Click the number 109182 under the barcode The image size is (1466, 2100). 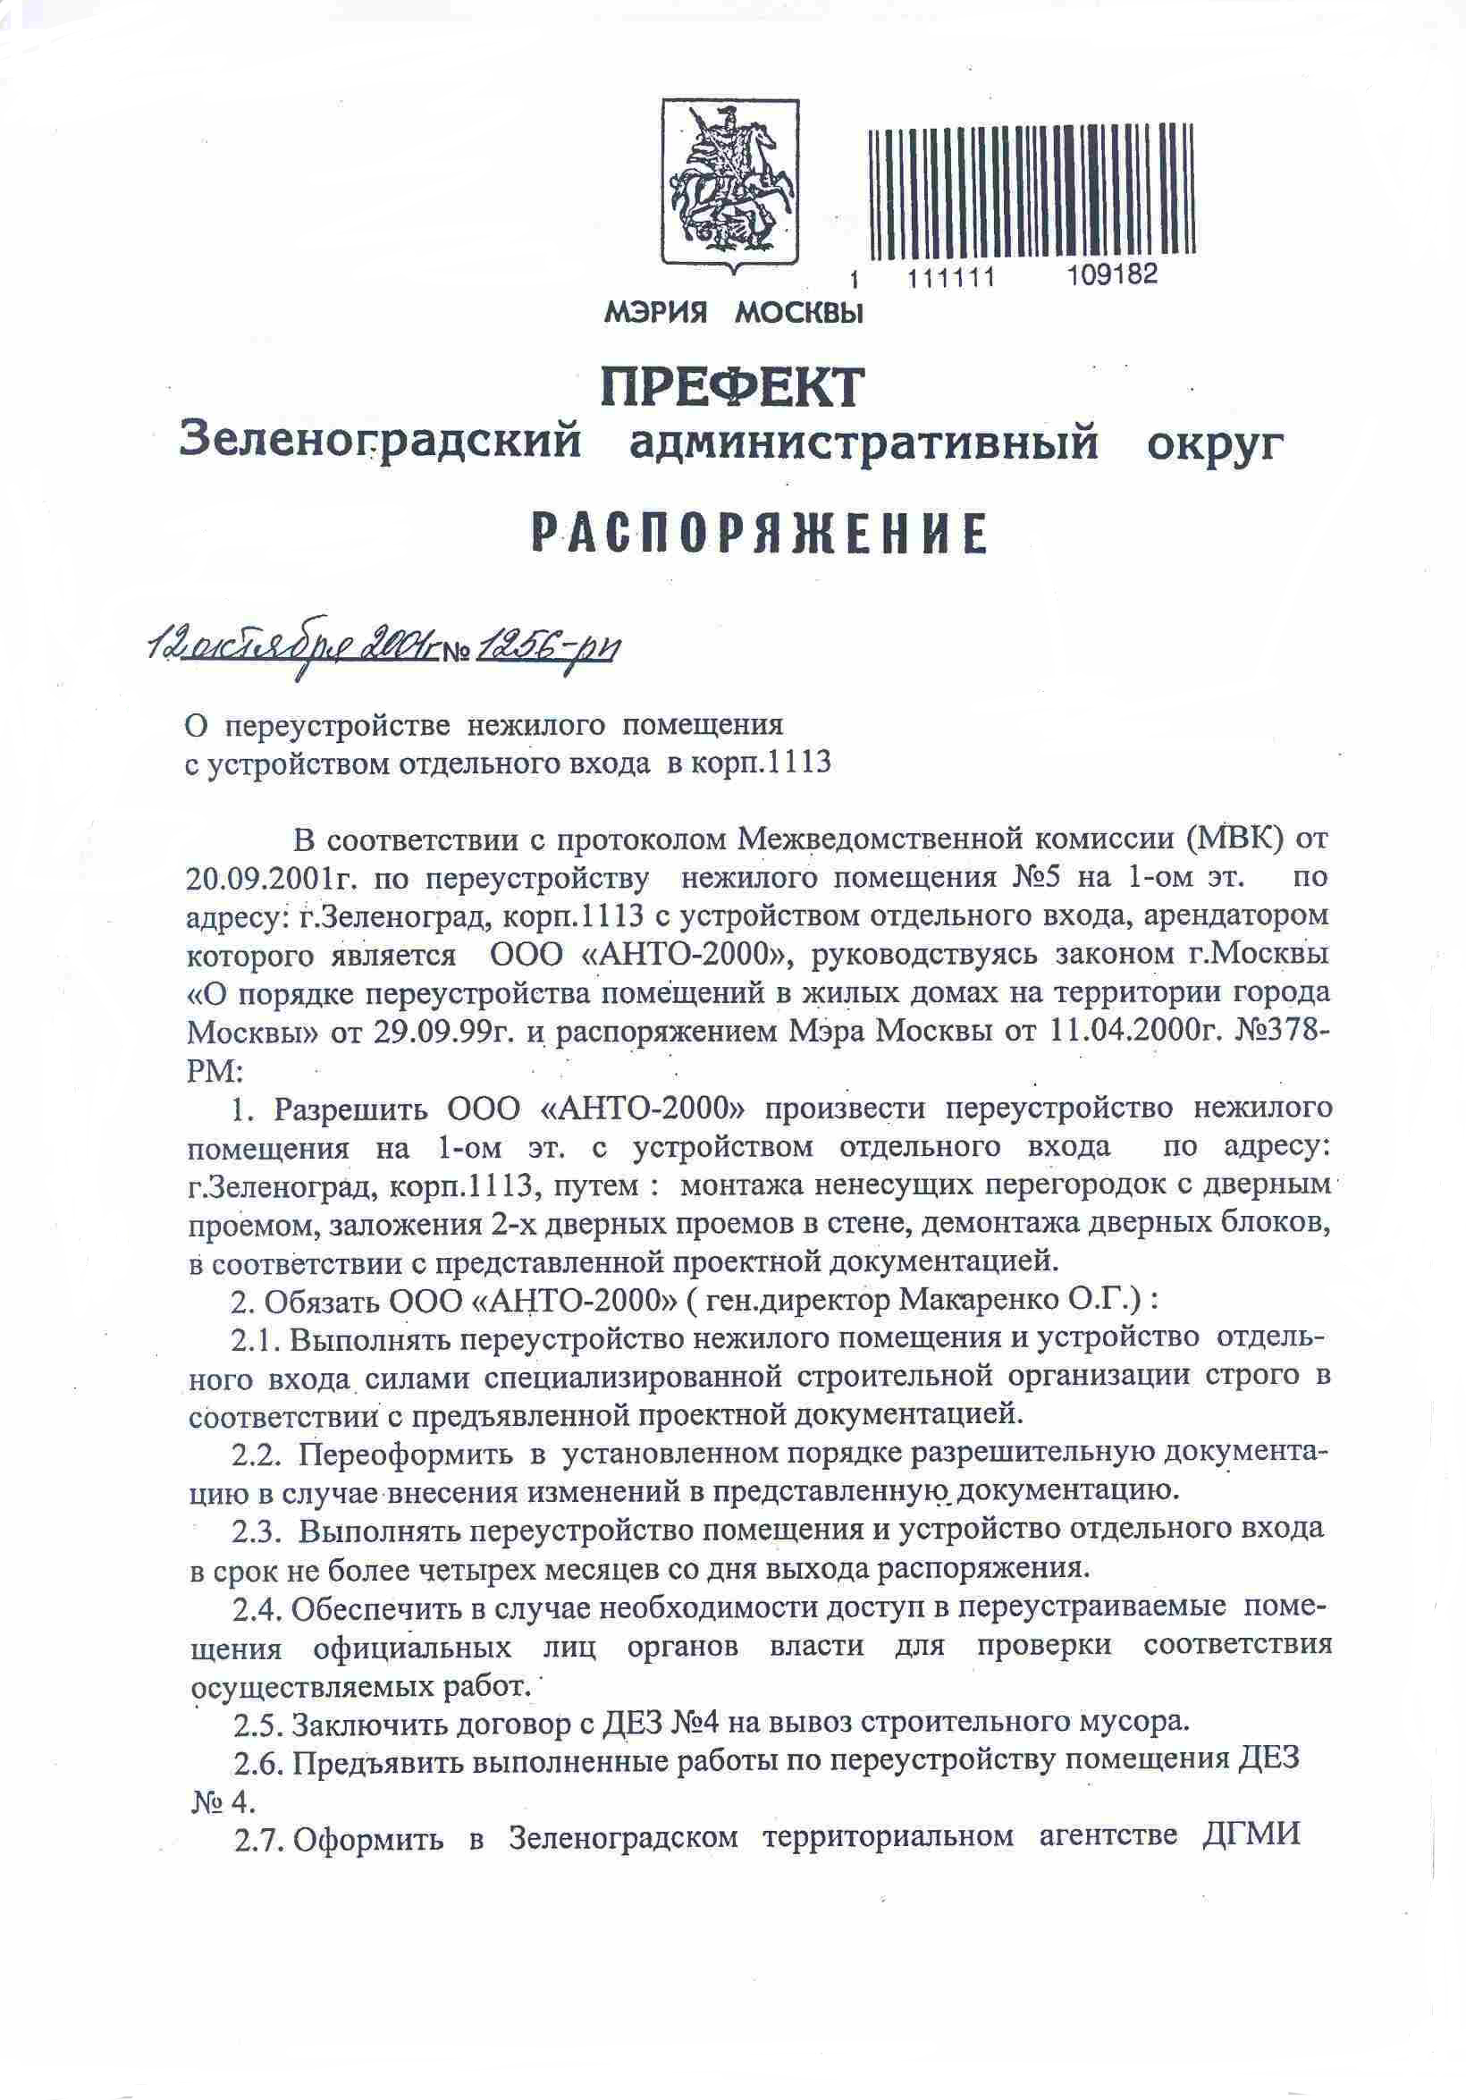coord(1112,274)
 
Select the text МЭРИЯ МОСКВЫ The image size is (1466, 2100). coord(734,314)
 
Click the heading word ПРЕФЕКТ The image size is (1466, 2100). coord(732,387)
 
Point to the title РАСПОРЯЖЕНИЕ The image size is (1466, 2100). coord(759,536)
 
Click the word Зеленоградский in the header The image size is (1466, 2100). coord(381,442)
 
